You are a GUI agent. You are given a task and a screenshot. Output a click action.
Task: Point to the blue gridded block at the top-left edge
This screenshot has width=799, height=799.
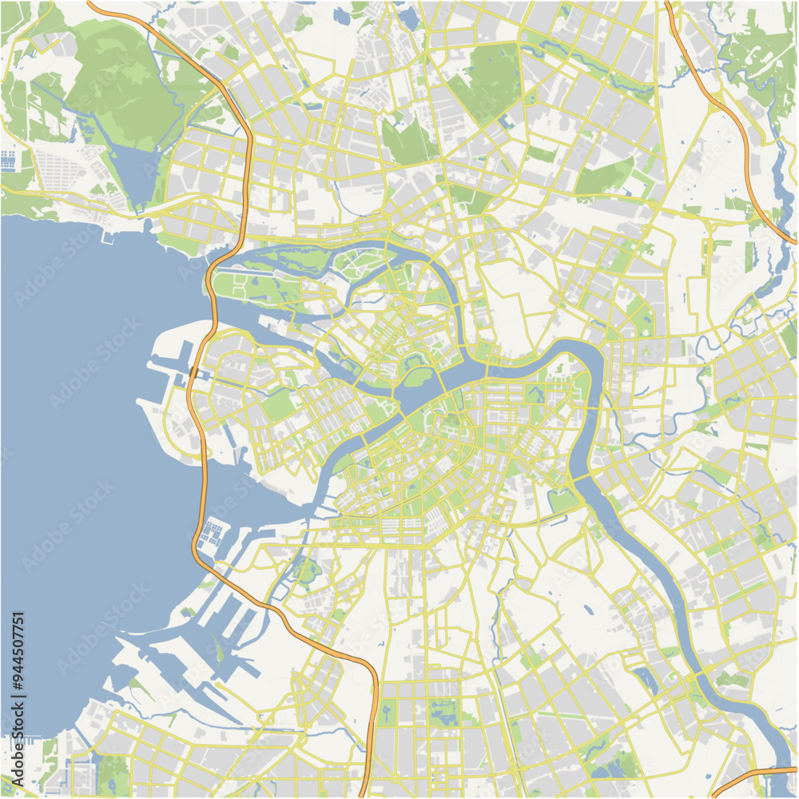coord(9,159)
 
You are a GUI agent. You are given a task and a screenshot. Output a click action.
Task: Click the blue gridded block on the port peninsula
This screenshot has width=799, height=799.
coord(212,531)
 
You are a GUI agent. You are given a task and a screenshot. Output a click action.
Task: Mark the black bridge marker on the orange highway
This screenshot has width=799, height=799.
coord(193,373)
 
